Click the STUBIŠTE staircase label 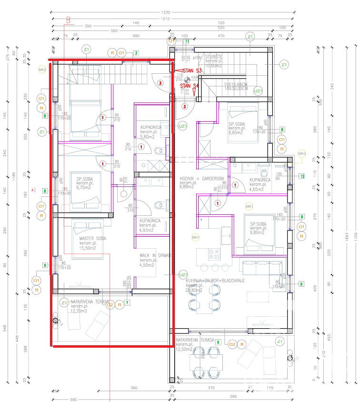click(214, 57)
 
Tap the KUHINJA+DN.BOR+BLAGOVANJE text click(215, 281)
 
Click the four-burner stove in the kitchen click(211, 253)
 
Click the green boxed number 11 click(187, 41)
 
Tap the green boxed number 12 click(302, 176)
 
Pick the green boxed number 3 click(136, 53)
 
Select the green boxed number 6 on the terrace click(218, 342)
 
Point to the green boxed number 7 click(127, 302)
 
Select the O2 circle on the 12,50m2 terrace click(232, 344)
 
